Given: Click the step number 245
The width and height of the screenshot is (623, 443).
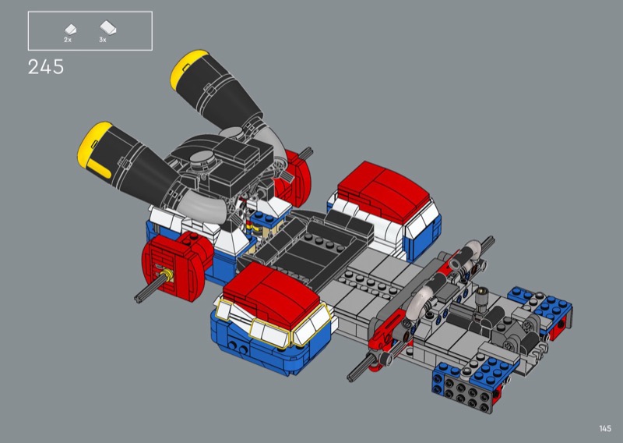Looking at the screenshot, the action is [46, 67].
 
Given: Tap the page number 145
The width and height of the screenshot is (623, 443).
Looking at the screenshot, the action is [605, 428].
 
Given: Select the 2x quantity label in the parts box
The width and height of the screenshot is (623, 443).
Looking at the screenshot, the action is [68, 40].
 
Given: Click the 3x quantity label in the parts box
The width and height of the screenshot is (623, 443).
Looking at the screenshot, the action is [103, 40].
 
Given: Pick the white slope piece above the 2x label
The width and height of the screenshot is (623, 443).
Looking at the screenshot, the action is [70, 29].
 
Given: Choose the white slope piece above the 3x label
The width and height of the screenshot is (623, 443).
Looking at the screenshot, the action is [108, 27].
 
